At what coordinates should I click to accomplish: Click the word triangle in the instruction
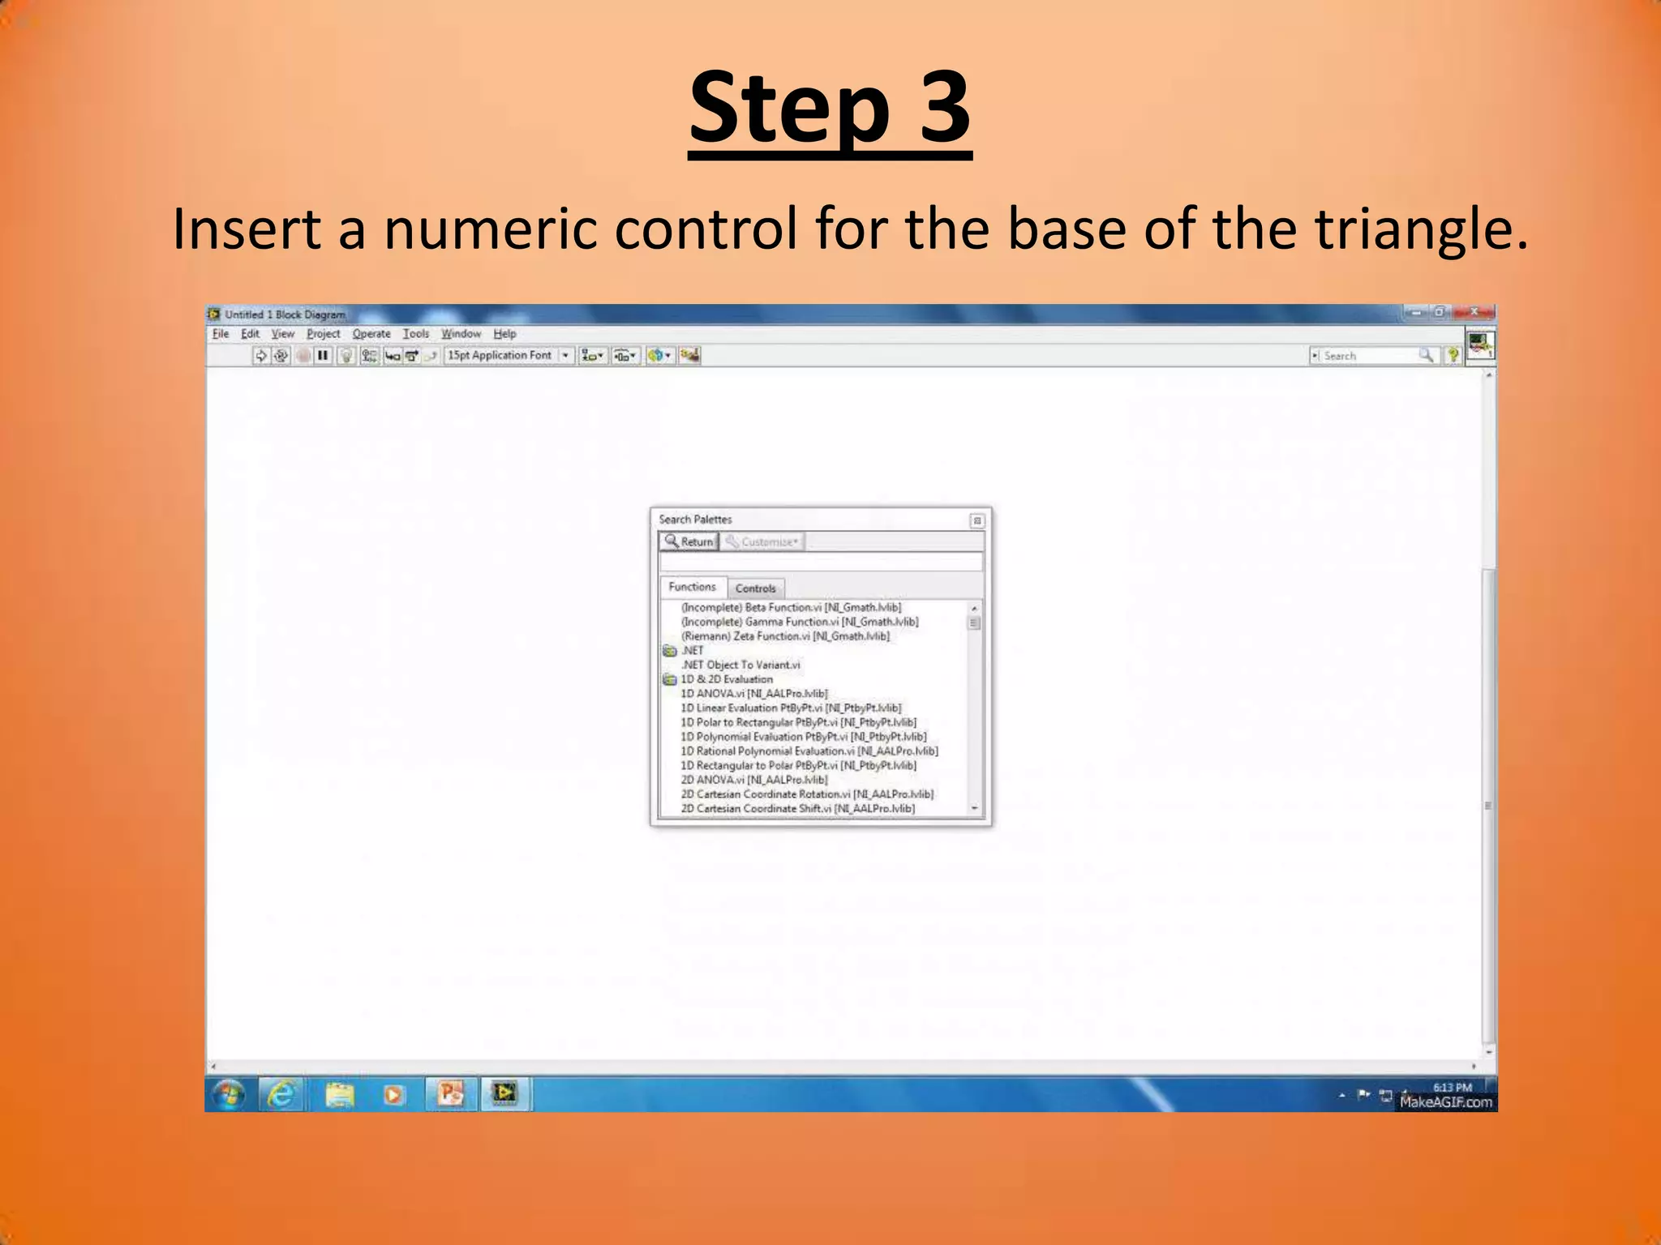click(x=1421, y=229)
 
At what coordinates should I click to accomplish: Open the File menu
click(x=221, y=334)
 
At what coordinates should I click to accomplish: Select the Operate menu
click(x=371, y=334)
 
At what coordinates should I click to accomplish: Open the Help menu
click(x=504, y=334)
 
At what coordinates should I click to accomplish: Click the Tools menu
click(x=416, y=334)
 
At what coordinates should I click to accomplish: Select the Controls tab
click(x=755, y=588)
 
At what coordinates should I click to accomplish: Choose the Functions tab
click(x=692, y=587)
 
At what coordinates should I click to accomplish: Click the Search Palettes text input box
click(x=821, y=562)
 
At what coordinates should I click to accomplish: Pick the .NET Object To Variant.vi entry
click(x=740, y=665)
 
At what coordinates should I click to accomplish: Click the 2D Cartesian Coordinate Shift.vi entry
click(x=797, y=809)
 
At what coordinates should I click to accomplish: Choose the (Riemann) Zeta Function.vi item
click(x=785, y=636)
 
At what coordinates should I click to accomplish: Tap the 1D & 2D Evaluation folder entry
click(x=726, y=679)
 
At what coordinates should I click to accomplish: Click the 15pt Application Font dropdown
click(x=508, y=356)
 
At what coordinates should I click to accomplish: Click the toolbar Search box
click(x=1371, y=356)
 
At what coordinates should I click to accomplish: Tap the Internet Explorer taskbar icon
click(x=281, y=1095)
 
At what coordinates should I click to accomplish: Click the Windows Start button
click(x=229, y=1095)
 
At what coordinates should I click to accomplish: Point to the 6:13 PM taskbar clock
click(x=1452, y=1088)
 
